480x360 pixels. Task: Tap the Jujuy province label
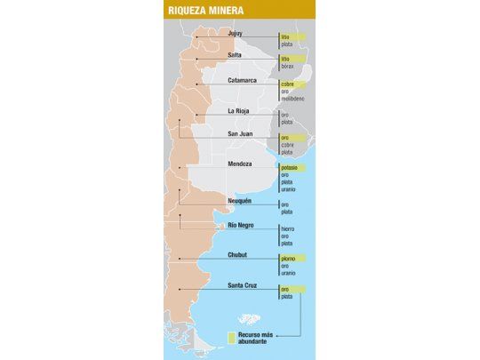click(x=236, y=34)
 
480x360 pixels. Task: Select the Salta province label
click(x=235, y=55)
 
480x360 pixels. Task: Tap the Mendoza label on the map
click(x=240, y=164)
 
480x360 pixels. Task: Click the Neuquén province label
click(x=241, y=201)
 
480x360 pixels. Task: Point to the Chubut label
click(x=237, y=255)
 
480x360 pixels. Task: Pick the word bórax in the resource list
click(x=287, y=66)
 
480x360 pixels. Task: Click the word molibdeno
click(x=293, y=100)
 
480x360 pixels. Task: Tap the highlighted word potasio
click(x=290, y=167)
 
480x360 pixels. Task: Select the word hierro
click(x=287, y=228)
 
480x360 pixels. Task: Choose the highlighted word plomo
click(x=288, y=258)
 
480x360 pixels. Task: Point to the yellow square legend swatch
click(x=231, y=339)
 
